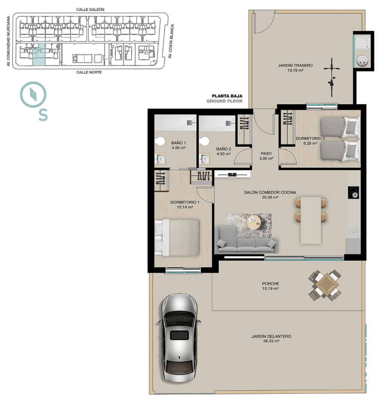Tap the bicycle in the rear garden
pos(332,77)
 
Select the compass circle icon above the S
pos(33,95)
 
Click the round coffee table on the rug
pos(254,222)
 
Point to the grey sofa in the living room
pos(247,240)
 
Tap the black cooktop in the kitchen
pos(353,193)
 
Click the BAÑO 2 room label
pos(224,149)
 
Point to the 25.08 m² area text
pos(270,197)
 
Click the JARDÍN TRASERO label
pos(295,65)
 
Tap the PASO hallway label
pos(266,153)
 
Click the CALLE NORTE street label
pos(89,72)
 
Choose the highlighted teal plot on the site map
pos(39,55)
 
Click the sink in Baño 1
pos(160,159)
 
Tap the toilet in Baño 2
pos(204,141)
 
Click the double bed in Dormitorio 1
pos(177,237)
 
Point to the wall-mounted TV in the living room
pos(233,174)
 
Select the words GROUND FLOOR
pos(225,101)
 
